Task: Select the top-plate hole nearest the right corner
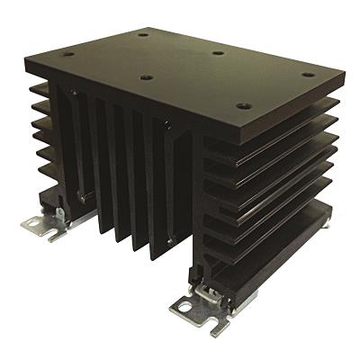point(308,75)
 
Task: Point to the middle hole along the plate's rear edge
point(219,52)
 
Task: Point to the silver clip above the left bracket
point(59,214)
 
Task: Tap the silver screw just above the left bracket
point(80,196)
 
